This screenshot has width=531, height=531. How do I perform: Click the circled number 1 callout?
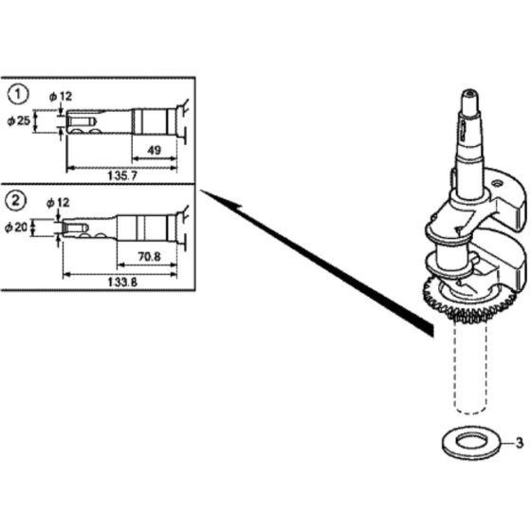18,94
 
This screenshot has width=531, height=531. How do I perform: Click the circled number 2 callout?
15,200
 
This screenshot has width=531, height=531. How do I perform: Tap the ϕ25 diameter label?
19,120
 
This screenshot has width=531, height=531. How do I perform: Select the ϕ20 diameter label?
16,228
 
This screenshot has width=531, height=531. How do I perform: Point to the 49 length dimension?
154,150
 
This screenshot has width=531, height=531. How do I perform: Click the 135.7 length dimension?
122,175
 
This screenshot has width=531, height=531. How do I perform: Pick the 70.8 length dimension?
150,256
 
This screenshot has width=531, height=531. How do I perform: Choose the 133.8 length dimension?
122,282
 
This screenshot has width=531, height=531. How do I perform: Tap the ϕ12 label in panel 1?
61,97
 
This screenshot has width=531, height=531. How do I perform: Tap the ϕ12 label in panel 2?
58,203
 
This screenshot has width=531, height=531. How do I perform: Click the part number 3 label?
520,443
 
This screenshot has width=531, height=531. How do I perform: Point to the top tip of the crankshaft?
470,90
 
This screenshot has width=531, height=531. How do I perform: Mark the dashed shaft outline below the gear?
453,368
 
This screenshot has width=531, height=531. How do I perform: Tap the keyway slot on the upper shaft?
463,130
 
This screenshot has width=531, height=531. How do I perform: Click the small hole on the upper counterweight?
497,184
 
